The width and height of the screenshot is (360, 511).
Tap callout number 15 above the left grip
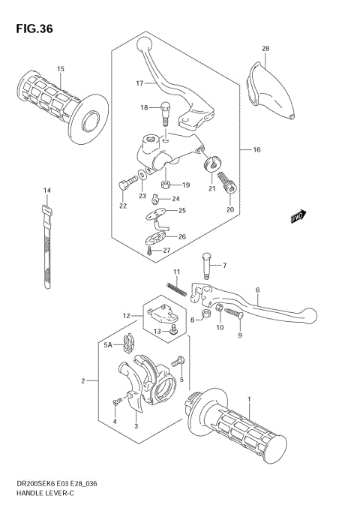point(61,69)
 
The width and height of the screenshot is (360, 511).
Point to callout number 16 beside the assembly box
point(256,150)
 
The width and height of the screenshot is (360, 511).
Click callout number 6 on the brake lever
point(257,290)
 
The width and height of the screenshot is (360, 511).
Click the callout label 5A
point(108,345)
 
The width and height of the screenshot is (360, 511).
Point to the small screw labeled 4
point(115,404)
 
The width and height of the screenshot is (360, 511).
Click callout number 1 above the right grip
point(249,400)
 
